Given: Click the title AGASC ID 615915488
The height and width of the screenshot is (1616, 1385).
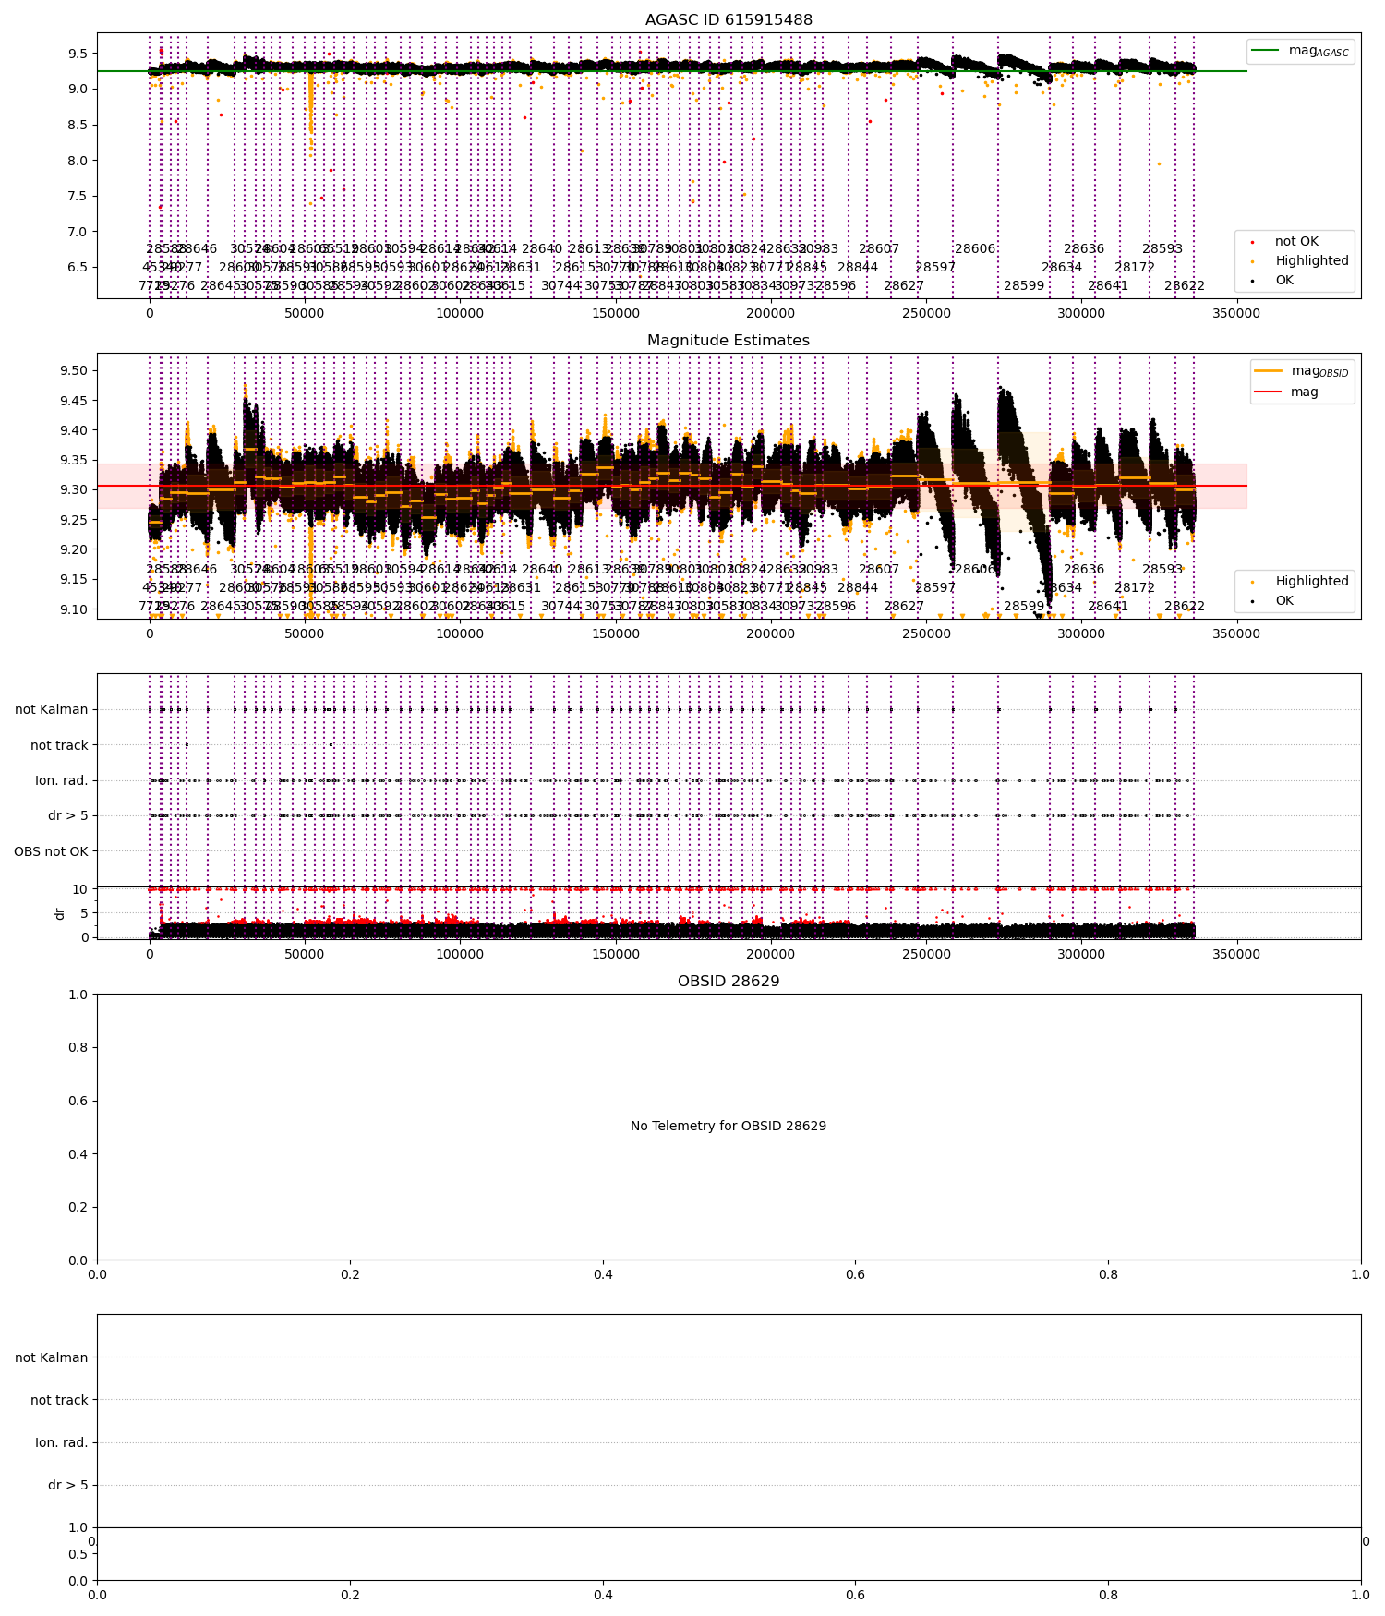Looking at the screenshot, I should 729,20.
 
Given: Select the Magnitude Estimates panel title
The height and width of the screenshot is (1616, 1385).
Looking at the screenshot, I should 729,341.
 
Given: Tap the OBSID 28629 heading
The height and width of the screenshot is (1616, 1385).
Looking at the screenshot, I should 729,982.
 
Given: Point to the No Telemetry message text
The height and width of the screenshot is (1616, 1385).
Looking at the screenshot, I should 729,1127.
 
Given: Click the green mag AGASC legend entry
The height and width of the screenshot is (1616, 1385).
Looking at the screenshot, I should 1301,51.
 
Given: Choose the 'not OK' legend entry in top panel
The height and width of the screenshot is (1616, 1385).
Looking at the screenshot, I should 1296,242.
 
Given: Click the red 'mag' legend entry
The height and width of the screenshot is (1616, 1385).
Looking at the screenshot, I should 1304,392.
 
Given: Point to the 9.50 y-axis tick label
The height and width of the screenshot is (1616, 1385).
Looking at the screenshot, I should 73,371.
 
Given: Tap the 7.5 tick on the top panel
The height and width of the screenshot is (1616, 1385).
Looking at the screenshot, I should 78,196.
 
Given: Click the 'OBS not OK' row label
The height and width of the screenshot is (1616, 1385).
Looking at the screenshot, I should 51,851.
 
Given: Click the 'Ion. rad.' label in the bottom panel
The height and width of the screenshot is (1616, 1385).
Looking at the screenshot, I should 61,1442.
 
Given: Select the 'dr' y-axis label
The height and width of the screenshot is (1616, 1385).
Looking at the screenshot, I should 60,913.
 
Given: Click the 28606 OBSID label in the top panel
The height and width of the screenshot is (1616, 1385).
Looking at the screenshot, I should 975,249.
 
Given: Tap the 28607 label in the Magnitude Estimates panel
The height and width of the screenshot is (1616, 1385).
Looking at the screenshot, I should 879,570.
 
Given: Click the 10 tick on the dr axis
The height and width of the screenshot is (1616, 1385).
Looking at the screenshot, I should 80,889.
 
